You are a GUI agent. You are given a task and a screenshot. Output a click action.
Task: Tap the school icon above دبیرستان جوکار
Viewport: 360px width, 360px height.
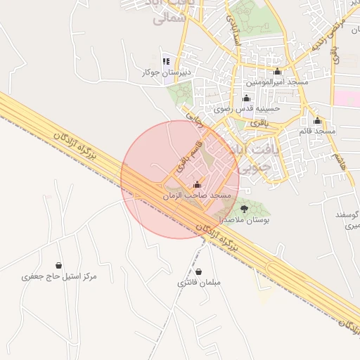[166, 61]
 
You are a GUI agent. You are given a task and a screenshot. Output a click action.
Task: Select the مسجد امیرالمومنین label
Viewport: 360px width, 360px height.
[276, 82]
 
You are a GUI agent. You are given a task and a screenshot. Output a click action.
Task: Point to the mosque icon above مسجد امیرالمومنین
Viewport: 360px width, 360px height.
[276, 72]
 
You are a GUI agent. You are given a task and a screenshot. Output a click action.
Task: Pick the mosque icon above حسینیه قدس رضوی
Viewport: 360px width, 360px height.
[245, 98]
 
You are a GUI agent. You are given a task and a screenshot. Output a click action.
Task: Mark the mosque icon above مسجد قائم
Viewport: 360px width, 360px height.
[317, 120]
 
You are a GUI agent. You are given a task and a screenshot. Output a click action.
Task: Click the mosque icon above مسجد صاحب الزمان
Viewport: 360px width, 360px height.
[196, 185]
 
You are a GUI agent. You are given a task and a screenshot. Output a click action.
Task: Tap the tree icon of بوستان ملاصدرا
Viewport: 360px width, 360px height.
[244, 209]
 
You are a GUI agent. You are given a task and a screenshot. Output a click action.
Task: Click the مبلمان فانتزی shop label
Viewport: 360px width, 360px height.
[199, 283]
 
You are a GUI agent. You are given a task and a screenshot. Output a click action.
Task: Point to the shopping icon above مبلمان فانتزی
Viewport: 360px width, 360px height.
[199, 271]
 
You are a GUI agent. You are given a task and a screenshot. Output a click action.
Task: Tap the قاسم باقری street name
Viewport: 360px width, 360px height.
[188, 156]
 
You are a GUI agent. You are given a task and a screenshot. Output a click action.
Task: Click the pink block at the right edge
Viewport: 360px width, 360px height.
[346, 98]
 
